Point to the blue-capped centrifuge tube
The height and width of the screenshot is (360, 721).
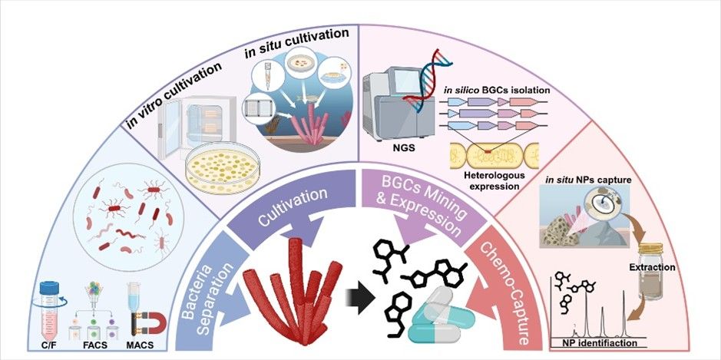tap(51, 303)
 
